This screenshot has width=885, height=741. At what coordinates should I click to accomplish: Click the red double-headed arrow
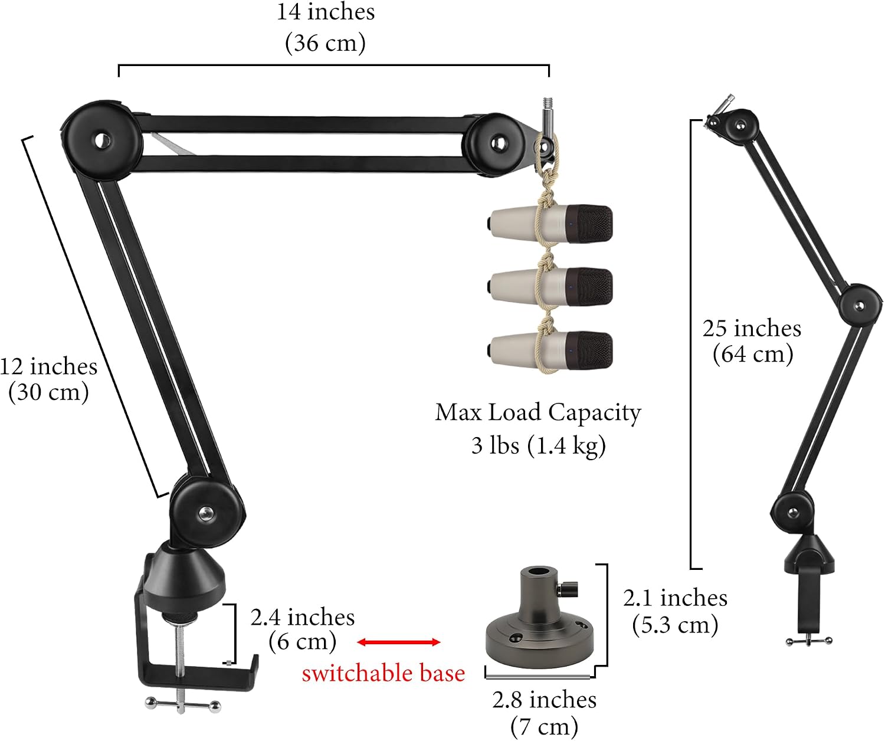pos(398,642)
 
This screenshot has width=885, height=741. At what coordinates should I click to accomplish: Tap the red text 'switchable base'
pos(383,673)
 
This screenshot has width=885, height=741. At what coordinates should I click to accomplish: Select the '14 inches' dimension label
pos(326,12)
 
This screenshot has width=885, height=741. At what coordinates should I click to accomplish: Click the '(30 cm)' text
pos(49,392)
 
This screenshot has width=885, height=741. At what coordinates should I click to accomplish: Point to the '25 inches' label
pos(752,329)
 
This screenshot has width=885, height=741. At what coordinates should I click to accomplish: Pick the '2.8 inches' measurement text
pos(544,700)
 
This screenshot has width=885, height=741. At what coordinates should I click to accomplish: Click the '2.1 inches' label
pos(675,598)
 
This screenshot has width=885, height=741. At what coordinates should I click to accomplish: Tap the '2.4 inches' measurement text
pos(303,617)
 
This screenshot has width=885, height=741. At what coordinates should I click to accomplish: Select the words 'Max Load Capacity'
pos(538,412)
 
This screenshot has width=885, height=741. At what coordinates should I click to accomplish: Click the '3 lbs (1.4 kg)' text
pos(538,445)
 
